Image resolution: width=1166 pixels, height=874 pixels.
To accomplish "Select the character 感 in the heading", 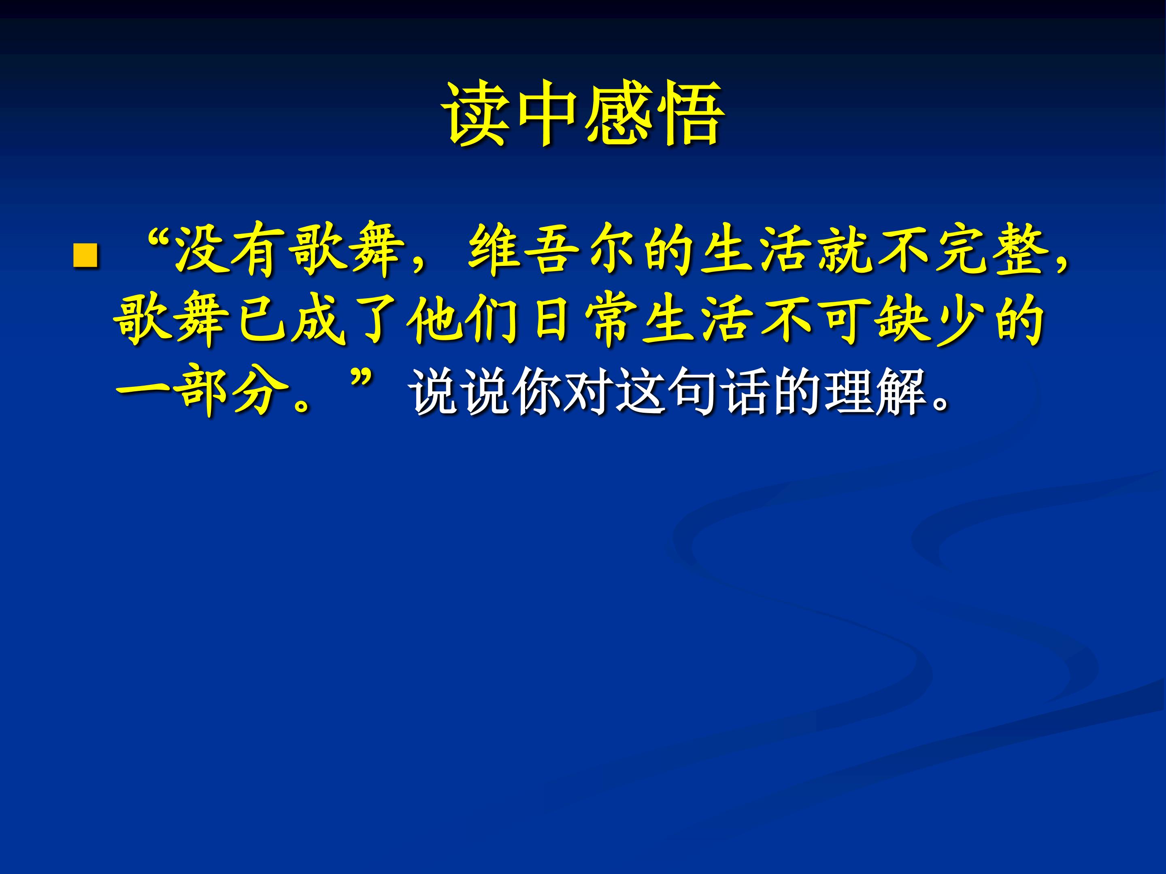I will [x=619, y=113].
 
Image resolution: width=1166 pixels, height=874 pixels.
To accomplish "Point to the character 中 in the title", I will [x=548, y=113].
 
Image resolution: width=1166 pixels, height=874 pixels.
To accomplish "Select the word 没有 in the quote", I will [x=227, y=249].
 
